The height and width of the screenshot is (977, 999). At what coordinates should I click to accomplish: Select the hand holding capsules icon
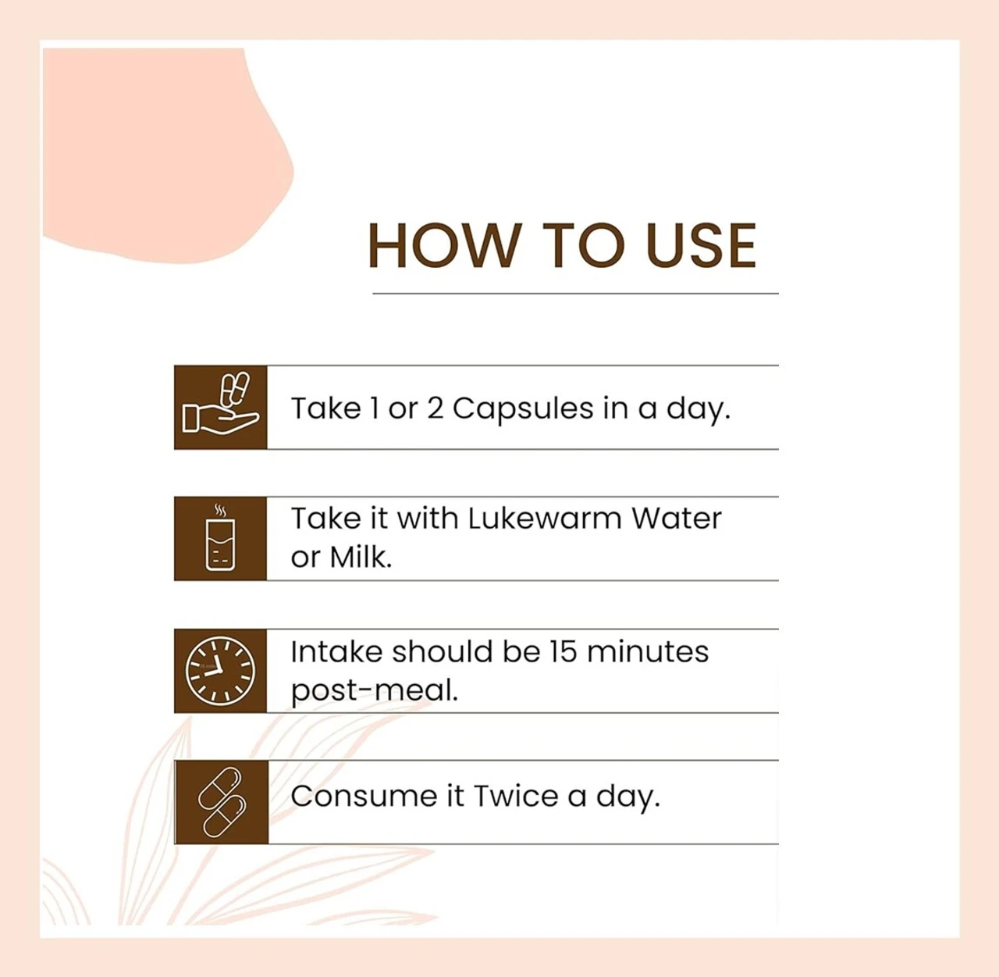pos(221,403)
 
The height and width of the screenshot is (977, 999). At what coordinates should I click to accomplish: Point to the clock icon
pos(220,671)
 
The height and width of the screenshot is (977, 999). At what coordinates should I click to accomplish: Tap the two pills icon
pos(221,803)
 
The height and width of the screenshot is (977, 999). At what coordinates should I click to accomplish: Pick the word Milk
pos(361,558)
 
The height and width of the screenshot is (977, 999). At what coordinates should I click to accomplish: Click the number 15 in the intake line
pos(563,652)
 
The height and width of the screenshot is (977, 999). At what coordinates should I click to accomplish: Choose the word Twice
pos(516,797)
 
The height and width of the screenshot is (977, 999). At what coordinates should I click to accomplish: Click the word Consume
pos(364,797)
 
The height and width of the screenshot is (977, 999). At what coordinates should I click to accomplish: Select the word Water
pos(677,519)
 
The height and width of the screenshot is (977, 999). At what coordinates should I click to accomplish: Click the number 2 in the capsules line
pos(436,409)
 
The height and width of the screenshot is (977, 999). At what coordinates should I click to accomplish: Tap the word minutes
pos(648,652)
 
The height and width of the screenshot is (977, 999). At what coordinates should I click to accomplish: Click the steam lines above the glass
pos(220,511)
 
